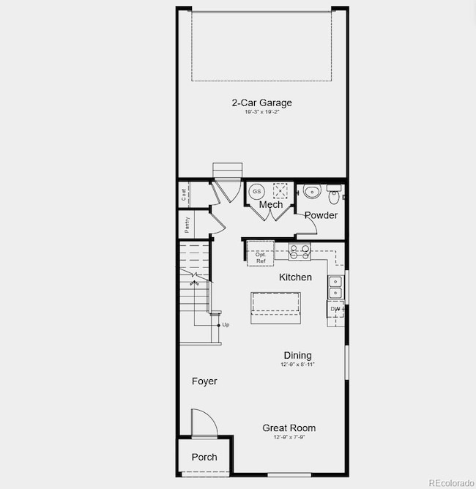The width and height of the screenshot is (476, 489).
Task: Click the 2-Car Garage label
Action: (x=261, y=103)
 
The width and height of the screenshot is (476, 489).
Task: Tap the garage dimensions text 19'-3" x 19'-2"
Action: (x=261, y=112)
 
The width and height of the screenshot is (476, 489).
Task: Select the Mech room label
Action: (x=270, y=204)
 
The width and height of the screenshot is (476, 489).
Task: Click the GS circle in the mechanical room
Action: (x=256, y=191)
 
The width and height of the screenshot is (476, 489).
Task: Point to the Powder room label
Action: (x=321, y=215)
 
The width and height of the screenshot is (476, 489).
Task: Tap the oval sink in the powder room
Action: (x=311, y=193)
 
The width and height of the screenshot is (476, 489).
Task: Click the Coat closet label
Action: (x=184, y=195)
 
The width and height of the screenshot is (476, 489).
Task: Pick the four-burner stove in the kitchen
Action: (x=300, y=252)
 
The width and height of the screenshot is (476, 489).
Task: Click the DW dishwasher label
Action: (x=335, y=308)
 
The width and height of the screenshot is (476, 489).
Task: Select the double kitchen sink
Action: (x=335, y=287)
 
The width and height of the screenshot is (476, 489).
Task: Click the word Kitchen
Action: (x=295, y=277)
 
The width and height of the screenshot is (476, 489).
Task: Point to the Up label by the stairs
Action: (x=226, y=324)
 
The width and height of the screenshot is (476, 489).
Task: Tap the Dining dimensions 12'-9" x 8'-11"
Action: (x=297, y=364)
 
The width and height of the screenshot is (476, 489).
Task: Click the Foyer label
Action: (x=204, y=381)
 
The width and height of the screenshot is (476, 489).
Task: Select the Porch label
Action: (x=204, y=457)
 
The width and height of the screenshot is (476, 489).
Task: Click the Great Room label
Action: (x=289, y=428)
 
